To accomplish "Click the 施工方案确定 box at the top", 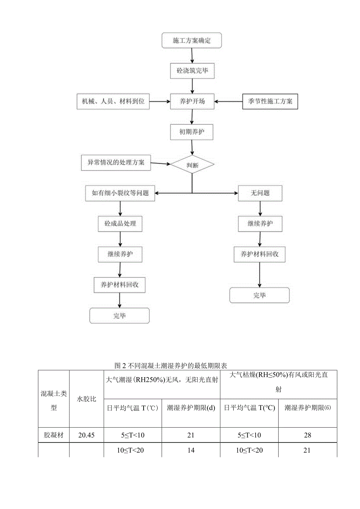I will click(x=192, y=40).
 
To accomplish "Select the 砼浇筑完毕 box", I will click(x=192, y=71).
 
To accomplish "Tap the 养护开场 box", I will click(x=192, y=101).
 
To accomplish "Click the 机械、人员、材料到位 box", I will click(x=113, y=101).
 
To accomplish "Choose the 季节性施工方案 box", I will click(x=270, y=101).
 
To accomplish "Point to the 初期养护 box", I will click(x=192, y=132).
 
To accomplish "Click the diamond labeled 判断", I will click(x=192, y=165).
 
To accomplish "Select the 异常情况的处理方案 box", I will click(x=116, y=162).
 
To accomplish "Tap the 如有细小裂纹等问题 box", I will click(x=120, y=193).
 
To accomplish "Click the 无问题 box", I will click(x=260, y=193).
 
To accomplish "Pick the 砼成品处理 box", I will click(x=120, y=224).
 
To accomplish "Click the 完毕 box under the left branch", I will click(x=119, y=316).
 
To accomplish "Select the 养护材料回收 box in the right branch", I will click(x=260, y=254).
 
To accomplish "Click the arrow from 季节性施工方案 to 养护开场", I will click(x=229, y=101).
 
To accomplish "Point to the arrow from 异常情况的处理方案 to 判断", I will click(x=160, y=164).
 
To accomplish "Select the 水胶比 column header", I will click(x=86, y=399).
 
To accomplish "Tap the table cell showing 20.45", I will click(x=86, y=435).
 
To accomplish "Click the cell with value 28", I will click(x=308, y=435).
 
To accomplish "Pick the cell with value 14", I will click(x=191, y=450).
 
